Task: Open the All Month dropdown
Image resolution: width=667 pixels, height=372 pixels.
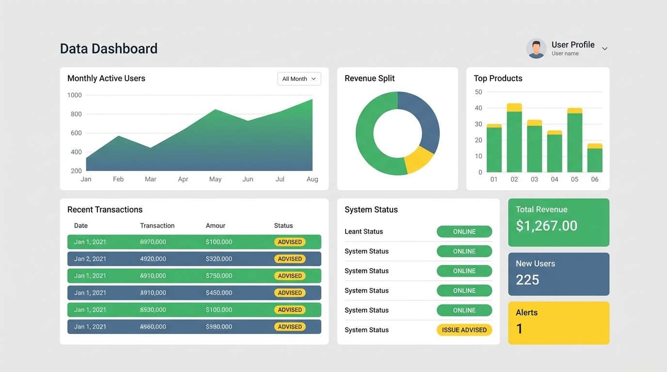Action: [x=299, y=79]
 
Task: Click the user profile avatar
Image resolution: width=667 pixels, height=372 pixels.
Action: [x=536, y=48]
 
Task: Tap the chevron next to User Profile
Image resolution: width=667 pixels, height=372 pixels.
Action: [x=604, y=48]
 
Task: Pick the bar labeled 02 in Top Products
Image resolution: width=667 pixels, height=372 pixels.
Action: [x=514, y=138]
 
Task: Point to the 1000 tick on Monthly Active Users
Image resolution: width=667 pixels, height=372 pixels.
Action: [x=75, y=95]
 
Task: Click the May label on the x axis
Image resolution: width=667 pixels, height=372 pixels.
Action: [x=215, y=179]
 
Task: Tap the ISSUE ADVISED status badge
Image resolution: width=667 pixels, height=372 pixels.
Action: [x=464, y=330]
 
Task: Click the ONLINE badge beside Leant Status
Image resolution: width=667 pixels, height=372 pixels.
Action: [x=464, y=232]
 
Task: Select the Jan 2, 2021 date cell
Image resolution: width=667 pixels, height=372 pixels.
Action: [x=90, y=259]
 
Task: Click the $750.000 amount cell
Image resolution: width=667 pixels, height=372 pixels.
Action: [x=219, y=276]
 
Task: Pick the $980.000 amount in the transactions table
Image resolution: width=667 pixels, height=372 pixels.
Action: [x=219, y=326]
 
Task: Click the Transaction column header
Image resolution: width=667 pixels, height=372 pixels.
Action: [x=157, y=226]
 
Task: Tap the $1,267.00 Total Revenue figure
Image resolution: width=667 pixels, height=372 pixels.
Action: [x=546, y=226]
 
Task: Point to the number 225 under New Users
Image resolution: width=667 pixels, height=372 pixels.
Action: [x=527, y=279]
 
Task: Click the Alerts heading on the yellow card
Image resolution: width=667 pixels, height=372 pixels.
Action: [x=526, y=312]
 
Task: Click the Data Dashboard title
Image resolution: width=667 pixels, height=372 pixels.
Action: [x=109, y=48]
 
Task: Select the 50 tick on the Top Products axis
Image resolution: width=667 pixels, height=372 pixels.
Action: [x=478, y=92]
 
